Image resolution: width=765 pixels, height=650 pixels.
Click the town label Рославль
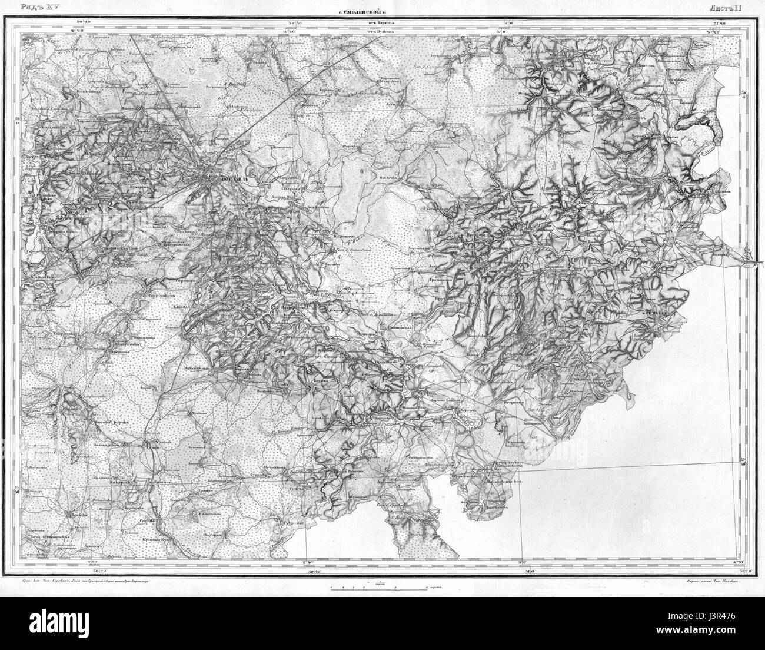pos(224,176)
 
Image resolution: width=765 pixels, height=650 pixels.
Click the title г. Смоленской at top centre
pos(361,10)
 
